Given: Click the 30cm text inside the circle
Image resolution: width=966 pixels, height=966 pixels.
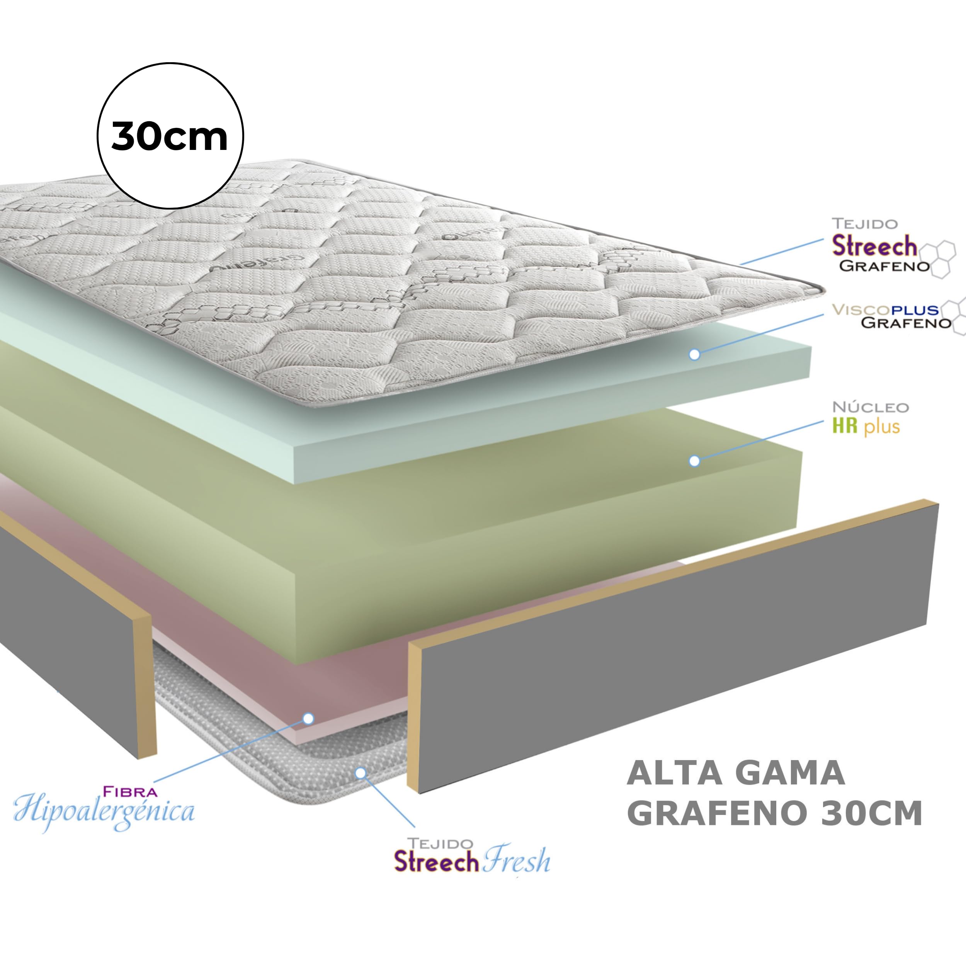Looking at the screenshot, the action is coord(170,136).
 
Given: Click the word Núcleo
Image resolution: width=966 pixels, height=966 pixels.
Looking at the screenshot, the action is coord(870,407).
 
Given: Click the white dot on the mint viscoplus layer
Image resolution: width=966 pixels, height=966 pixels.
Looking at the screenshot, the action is coord(694,354).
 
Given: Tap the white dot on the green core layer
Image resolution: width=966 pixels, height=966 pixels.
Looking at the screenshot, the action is coord(694,461).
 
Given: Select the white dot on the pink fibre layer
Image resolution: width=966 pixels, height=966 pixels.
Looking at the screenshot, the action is coord(308,718).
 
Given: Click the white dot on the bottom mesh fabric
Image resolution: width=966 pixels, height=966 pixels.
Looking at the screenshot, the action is coord(360,774).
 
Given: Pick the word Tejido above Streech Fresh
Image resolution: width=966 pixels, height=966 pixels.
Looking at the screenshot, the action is coord(440,844).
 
